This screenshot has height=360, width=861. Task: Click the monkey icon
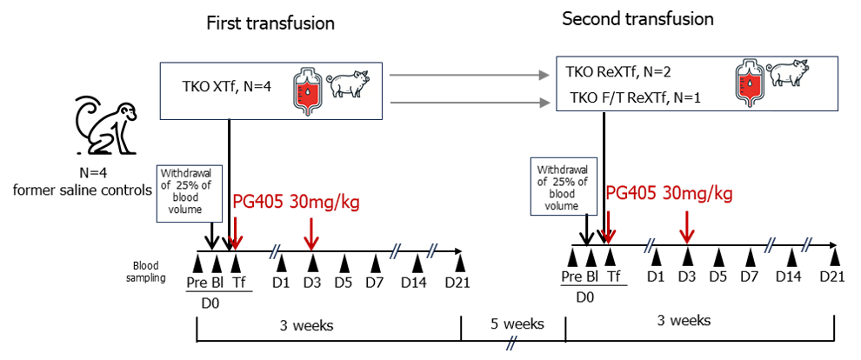pos(105,124)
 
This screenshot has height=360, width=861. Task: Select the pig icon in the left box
pos(348,85)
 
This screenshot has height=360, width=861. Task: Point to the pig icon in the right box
pos(791,74)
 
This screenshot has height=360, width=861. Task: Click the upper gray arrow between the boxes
pos(470,75)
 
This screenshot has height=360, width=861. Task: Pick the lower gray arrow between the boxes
pos(470,103)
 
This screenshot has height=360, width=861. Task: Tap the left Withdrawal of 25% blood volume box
pos(185,190)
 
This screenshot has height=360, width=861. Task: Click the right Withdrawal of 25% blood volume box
pos(562,187)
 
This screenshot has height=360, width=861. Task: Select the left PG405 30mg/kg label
pos(296,203)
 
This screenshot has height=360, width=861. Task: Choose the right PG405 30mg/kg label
pos(669,193)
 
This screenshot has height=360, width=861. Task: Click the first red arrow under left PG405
pos(236,234)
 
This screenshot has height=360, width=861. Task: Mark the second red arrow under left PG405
pos(311,234)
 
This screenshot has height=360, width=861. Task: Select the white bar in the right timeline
pos(731,240)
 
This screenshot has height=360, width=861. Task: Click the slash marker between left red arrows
pos(274,251)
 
